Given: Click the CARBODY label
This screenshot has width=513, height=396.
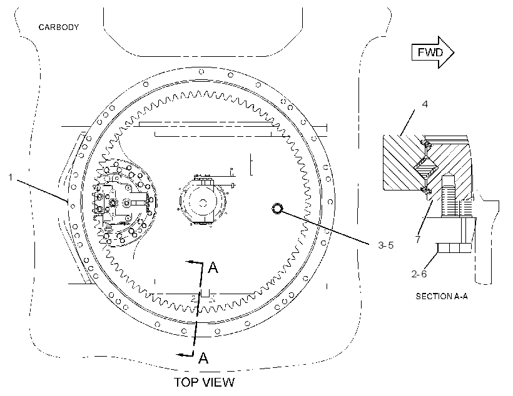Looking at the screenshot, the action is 59,27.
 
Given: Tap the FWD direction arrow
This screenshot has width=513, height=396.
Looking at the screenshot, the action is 432,52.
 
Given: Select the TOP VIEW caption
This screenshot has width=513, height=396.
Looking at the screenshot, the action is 204,382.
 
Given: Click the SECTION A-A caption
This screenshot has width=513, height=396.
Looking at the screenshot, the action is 441,296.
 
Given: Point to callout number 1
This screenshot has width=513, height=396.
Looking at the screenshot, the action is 11,177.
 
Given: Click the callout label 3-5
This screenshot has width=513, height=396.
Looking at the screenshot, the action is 386,245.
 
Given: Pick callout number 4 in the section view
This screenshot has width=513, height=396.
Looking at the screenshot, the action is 425,104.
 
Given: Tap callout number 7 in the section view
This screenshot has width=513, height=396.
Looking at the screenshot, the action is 418,239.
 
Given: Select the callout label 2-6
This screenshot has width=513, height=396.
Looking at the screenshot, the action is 419,274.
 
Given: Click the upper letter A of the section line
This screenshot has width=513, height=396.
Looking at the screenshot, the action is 213,267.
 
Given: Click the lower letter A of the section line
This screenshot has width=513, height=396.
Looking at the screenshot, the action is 203,358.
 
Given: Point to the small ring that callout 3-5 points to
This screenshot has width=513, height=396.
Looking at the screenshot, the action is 277,209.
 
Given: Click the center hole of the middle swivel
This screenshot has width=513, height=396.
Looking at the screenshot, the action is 203,203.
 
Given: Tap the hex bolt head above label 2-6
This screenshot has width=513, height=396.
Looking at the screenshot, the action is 454,248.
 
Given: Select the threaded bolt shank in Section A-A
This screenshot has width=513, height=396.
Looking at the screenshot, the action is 447,197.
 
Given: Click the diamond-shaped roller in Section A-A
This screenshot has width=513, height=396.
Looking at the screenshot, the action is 425,168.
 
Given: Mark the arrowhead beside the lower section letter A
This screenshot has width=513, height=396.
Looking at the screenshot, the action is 180,355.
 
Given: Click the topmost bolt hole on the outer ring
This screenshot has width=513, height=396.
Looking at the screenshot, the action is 201,72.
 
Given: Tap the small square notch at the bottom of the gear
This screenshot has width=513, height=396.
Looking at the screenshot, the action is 205,294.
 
